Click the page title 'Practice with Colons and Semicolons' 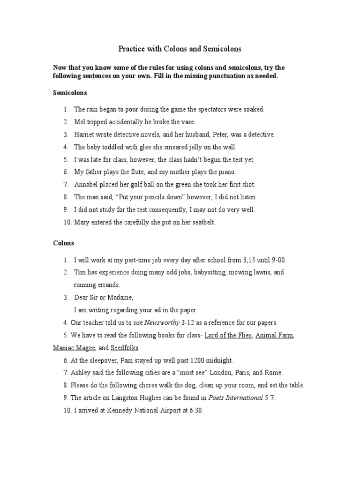coord(180,48)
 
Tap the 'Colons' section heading coord(63,243)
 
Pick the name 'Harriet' coord(84,135)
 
